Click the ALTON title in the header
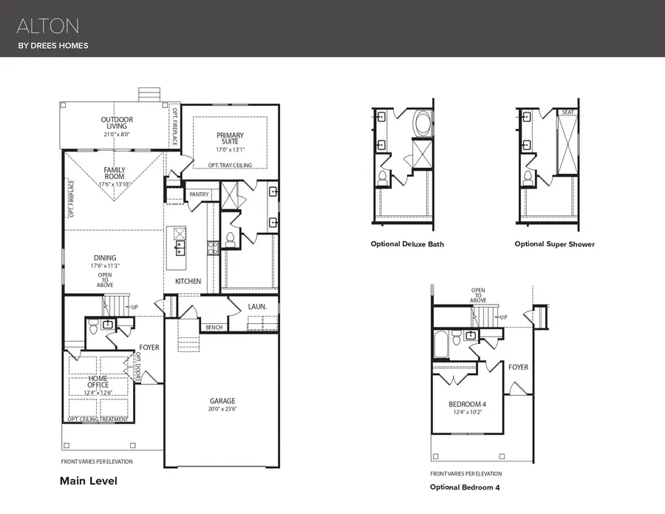click(x=48, y=27)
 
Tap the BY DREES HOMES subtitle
click(x=52, y=46)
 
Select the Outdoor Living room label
click(x=117, y=123)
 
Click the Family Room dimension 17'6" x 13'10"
click(x=115, y=184)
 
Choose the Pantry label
click(x=199, y=195)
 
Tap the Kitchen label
click(x=188, y=282)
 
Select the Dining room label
click(x=104, y=258)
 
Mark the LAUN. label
click(x=257, y=305)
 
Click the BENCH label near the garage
click(x=214, y=327)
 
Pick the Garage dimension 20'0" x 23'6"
click(x=223, y=409)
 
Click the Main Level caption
click(x=88, y=481)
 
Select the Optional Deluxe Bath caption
click(x=407, y=244)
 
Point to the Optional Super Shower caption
click(x=554, y=244)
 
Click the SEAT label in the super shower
click(x=567, y=112)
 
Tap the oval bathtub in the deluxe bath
click(x=423, y=121)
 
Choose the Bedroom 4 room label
click(x=467, y=405)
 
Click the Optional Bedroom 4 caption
click(x=465, y=487)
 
